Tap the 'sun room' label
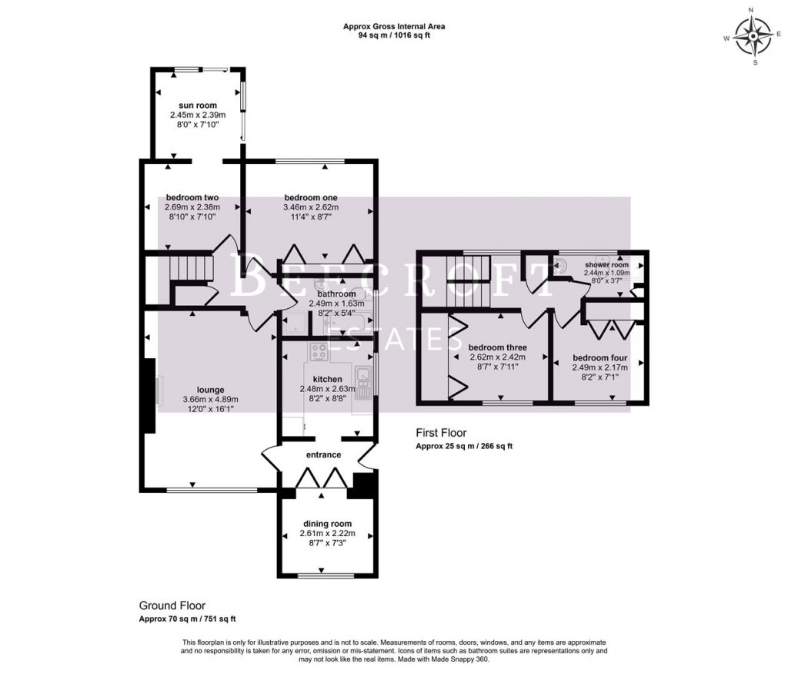click(x=199, y=106)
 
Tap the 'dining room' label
click(x=327, y=524)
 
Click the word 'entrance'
click(x=323, y=454)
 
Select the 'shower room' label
click(x=606, y=265)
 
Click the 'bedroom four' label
click(x=599, y=358)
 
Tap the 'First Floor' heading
click(x=441, y=433)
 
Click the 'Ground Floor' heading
click(x=172, y=605)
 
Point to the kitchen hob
click(x=318, y=351)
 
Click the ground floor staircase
click(x=189, y=269)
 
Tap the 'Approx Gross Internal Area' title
click(x=393, y=26)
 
